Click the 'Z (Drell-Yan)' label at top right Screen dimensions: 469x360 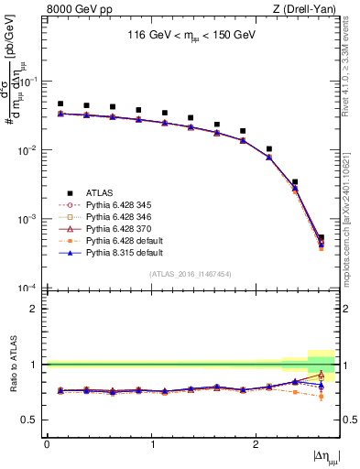tap(304, 9)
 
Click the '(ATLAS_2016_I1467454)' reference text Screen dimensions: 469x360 tap(191, 274)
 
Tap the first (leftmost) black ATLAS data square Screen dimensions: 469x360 tap(60, 104)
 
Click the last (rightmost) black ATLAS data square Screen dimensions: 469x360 tap(321, 238)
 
